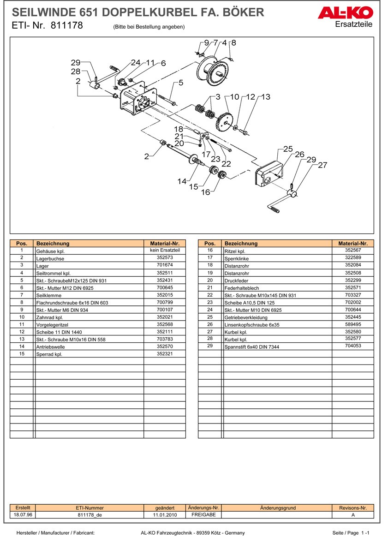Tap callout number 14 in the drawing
pyautogui.click(x=182, y=181)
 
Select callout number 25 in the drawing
pyautogui.click(x=288, y=149)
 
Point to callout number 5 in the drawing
pyautogui.click(x=181, y=83)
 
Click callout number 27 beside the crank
pyautogui.click(x=322, y=165)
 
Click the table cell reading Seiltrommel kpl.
pyautogui.click(x=53, y=273)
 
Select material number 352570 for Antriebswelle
pyautogui.click(x=164, y=346)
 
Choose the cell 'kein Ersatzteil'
pyautogui.click(x=164, y=251)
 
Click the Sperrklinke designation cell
pyautogui.click(x=236, y=259)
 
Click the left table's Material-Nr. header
pyautogui.click(x=164, y=243)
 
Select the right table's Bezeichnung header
pyautogui.click(x=241, y=243)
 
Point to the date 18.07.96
pyautogui.click(x=22, y=514)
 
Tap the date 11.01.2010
pyautogui.click(x=165, y=514)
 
